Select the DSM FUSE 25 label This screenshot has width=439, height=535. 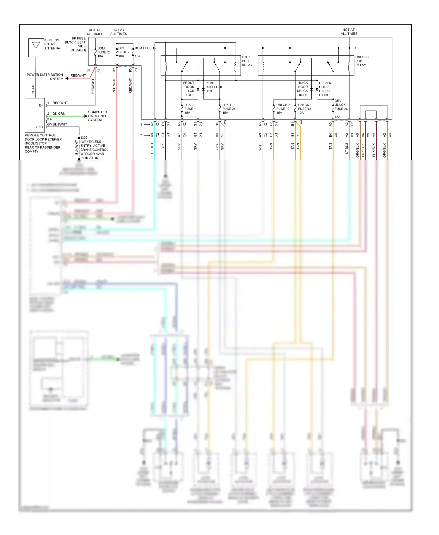104,52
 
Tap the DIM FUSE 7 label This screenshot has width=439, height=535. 124,52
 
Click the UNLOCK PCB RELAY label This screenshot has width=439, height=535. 362,61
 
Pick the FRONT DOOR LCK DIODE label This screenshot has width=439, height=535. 189,89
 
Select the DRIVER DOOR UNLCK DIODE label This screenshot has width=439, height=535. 325,89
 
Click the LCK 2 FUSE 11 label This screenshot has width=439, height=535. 191,109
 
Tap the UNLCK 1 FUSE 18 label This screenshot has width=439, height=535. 304,109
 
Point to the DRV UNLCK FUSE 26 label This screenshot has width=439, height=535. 341,105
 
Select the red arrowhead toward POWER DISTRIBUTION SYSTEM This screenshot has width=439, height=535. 67,78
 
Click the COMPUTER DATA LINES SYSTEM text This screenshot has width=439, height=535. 97,116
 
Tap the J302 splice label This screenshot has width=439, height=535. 84,138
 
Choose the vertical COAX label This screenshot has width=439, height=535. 33,90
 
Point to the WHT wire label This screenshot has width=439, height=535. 260,147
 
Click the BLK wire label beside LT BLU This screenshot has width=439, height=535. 163,146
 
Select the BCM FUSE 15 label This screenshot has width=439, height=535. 145,48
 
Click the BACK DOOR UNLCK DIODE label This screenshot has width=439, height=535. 303,89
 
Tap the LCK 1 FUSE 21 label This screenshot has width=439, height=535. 228,109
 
